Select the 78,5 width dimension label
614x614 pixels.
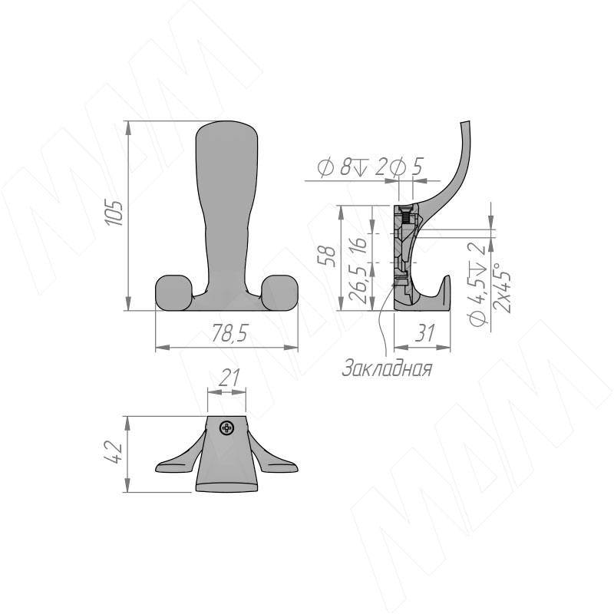[x=229, y=334]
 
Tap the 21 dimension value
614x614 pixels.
[x=229, y=378]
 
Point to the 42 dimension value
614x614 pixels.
[x=115, y=452]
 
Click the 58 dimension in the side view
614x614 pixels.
[x=329, y=256]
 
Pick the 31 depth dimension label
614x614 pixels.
[x=424, y=333]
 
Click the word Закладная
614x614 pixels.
[x=387, y=368]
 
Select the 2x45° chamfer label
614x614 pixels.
[x=502, y=287]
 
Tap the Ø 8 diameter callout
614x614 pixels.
[x=334, y=167]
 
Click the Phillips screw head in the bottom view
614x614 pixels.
[x=227, y=427]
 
